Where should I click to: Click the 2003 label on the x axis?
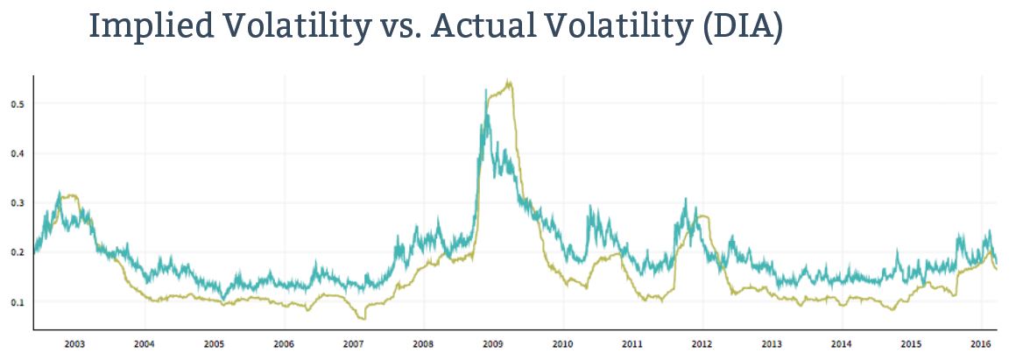point(74,344)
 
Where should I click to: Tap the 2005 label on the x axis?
point(214,344)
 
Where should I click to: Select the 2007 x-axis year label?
point(353,344)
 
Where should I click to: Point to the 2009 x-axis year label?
point(492,344)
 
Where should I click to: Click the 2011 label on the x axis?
point(631,344)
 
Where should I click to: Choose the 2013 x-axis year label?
point(772,344)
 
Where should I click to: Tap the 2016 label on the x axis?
point(981,344)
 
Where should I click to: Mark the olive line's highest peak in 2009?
point(510,82)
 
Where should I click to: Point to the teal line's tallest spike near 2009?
point(485,89)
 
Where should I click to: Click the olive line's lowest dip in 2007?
point(363,319)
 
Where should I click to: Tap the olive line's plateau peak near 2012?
point(702,216)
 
